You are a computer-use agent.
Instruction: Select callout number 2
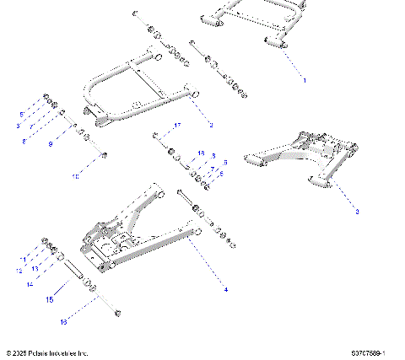tap(210, 125)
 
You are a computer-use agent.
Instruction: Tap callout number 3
tap(357, 212)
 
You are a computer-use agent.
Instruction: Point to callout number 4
tap(225, 289)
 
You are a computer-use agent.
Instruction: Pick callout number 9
tap(51, 143)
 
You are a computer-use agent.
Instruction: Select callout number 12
tap(19, 271)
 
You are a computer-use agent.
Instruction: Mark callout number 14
tap(30, 284)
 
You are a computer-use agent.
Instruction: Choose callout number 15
tap(50, 298)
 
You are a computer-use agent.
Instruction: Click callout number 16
tap(62, 322)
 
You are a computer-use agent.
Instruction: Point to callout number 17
tap(177, 125)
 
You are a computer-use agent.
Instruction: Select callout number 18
tap(201, 153)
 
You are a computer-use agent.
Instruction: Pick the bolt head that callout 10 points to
tap(104, 154)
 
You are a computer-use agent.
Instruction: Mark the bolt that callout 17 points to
tap(156, 135)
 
